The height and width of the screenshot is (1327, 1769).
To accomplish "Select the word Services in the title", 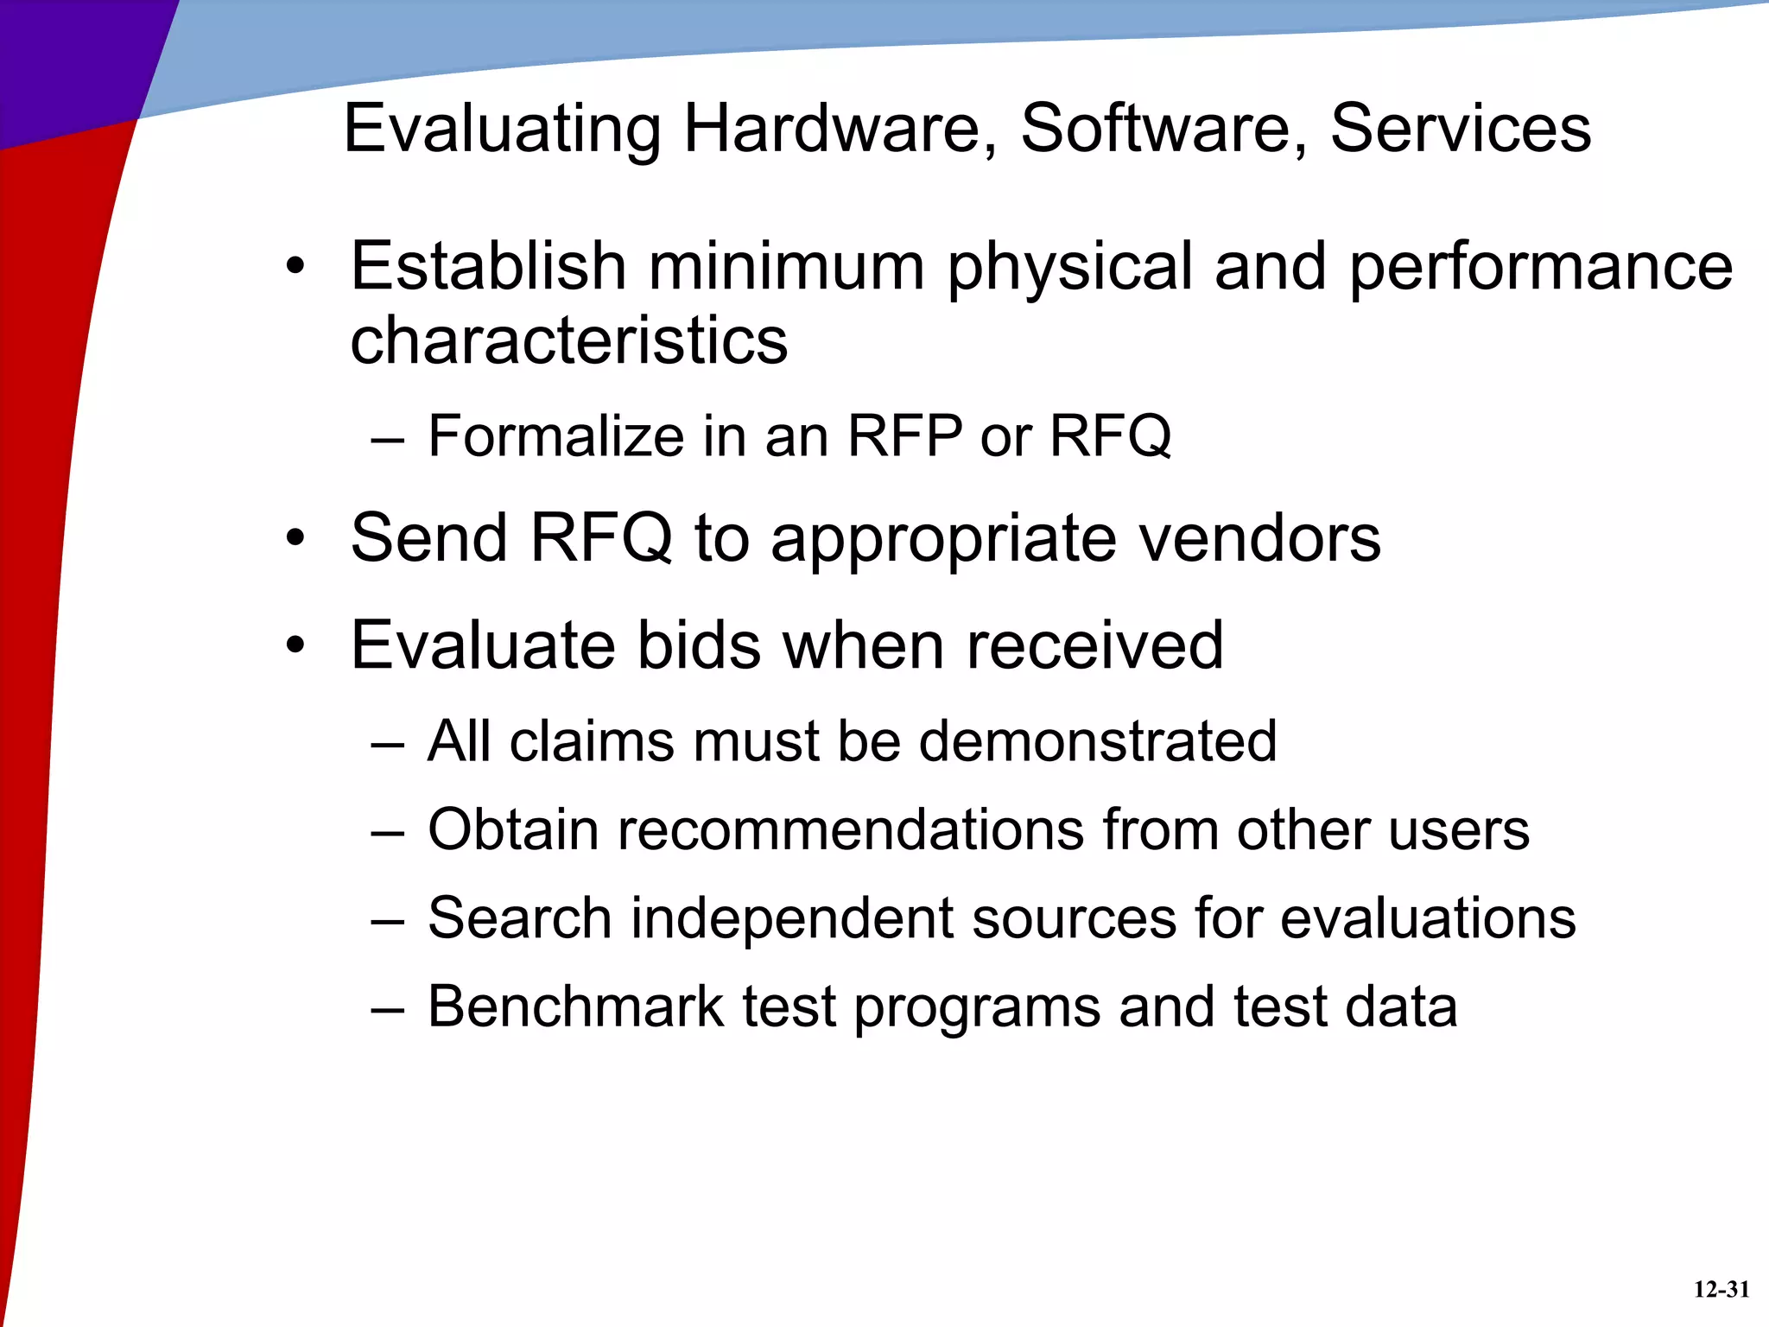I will pos(1460,130).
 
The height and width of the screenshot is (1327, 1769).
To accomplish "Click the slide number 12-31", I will pos(1721,1290).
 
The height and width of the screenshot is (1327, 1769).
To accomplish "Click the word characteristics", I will pos(569,340).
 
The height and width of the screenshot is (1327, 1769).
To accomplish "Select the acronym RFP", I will pos(904,436).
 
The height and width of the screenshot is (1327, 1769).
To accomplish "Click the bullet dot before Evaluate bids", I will pos(296,645).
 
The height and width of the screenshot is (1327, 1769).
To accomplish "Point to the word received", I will pos(1094,645).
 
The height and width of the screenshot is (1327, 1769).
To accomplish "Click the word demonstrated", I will pos(1097,741).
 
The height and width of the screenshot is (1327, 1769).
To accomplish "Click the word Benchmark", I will pos(576,1007).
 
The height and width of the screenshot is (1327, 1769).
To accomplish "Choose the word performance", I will pos(1540,268).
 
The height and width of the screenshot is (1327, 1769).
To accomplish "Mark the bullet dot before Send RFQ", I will pos(296,539).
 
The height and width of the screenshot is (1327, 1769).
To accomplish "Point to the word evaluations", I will pos(1428,918).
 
